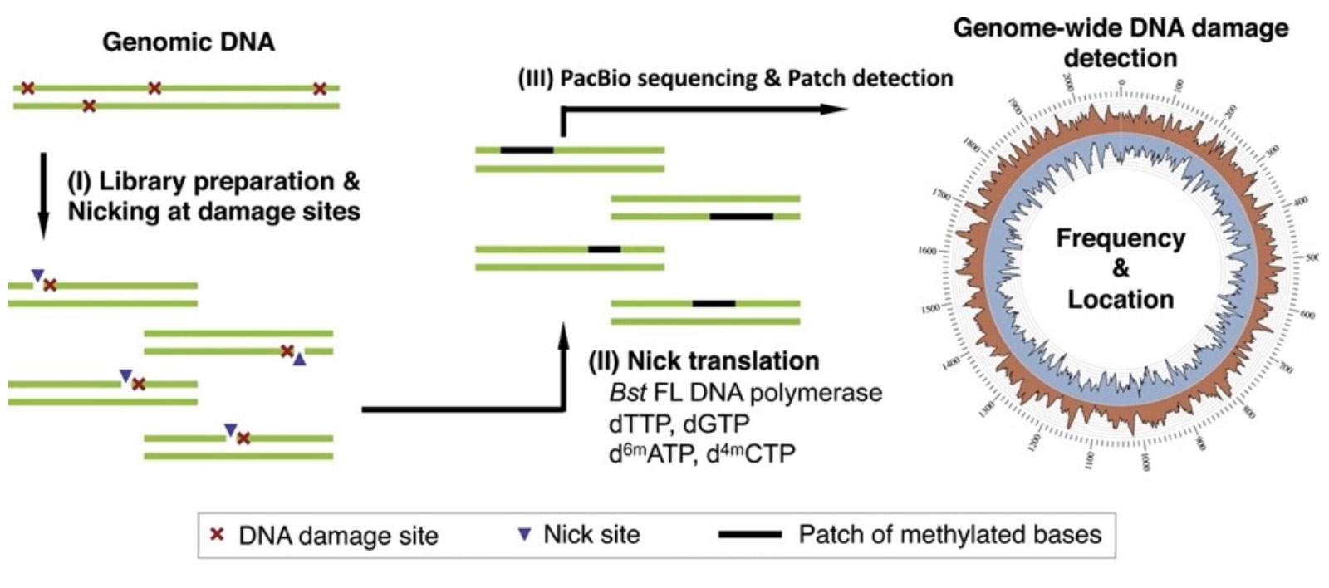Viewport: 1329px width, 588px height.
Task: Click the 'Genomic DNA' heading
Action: (189, 41)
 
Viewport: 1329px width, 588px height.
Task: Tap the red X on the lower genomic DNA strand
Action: (89, 105)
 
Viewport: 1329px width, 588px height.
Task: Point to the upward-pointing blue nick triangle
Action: (300, 360)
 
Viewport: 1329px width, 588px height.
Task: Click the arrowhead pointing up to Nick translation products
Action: (564, 335)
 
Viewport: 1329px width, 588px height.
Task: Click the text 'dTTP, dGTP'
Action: (678, 423)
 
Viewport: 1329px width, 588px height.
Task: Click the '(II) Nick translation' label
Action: (704, 360)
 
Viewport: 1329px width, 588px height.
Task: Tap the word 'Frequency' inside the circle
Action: (1120, 238)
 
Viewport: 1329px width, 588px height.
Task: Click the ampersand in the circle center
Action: (1120, 268)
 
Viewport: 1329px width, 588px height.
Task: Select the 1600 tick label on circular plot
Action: (927, 250)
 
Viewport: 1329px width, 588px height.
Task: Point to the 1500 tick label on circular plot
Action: (930, 308)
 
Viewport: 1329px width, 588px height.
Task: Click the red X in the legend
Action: (218, 535)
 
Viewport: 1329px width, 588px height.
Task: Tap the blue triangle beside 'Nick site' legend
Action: (523, 535)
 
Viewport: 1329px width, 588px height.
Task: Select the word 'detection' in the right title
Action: (1121, 58)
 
